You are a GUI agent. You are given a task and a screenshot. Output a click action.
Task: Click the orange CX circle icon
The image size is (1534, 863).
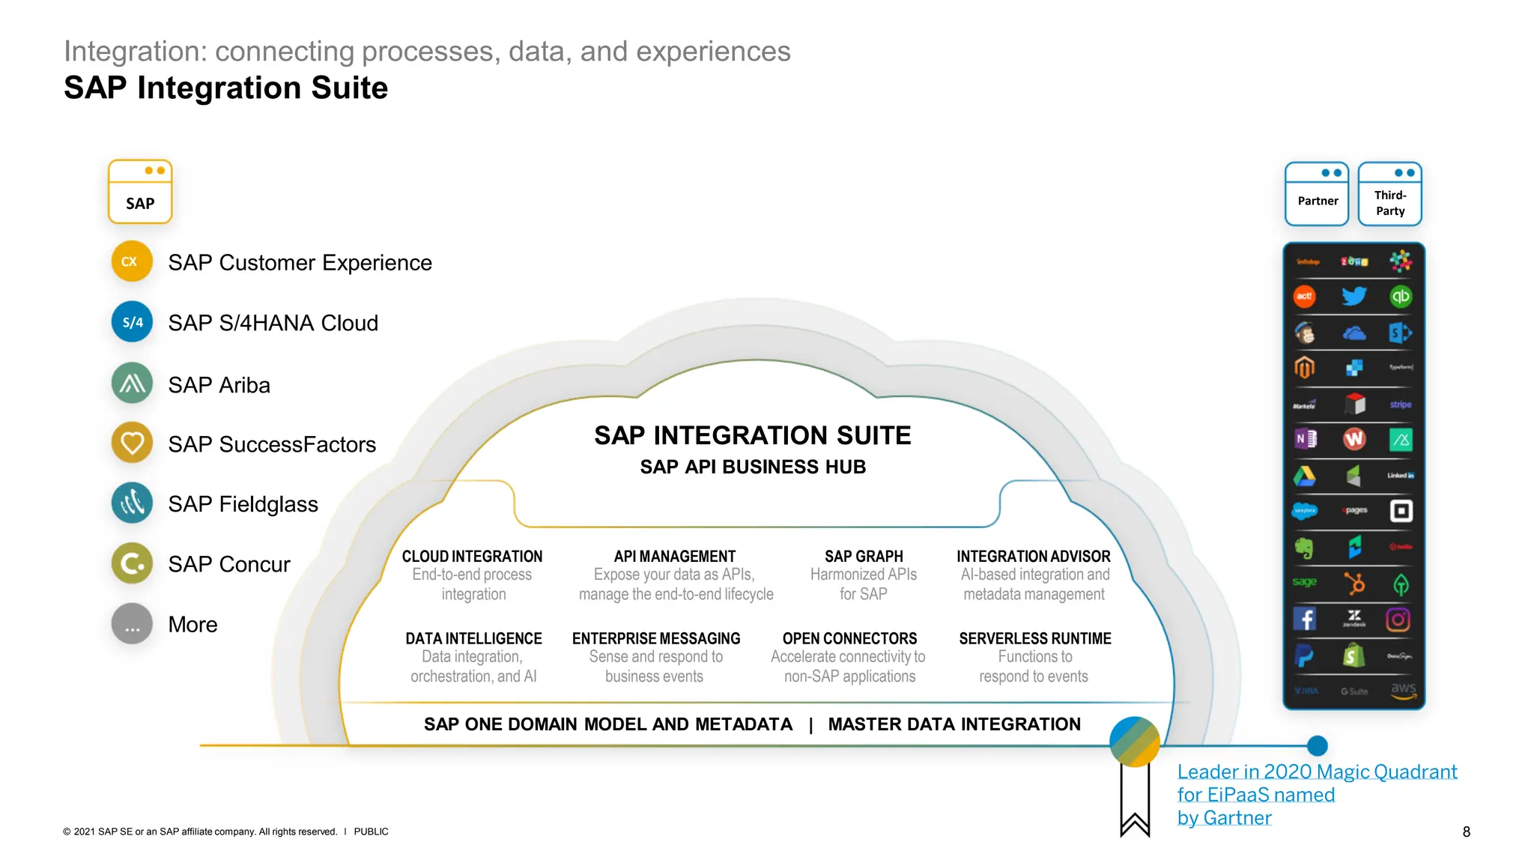click(x=131, y=261)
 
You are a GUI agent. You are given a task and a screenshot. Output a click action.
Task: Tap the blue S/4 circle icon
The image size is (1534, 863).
click(x=132, y=322)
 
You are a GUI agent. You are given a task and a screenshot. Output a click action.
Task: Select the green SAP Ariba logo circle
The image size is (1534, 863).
click(x=132, y=384)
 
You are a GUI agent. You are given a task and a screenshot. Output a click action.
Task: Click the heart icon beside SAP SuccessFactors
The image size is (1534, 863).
click(x=132, y=443)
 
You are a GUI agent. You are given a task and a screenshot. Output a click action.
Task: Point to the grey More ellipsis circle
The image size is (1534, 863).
click(x=132, y=624)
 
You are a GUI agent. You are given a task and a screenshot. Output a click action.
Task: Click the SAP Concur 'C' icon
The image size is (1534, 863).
click(x=132, y=563)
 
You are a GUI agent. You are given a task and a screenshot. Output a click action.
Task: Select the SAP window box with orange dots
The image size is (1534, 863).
click(x=140, y=192)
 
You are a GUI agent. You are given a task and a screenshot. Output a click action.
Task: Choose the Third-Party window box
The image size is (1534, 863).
click(x=1390, y=195)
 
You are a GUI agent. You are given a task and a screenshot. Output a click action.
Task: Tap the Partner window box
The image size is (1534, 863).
click(x=1317, y=195)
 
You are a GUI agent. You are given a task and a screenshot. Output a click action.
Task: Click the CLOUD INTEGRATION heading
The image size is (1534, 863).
click(x=472, y=557)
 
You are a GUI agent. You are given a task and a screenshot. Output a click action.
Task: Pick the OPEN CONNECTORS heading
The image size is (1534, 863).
click(x=849, y=638)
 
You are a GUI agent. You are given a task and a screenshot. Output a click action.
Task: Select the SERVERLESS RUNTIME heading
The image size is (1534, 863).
click(x=1034, y=638)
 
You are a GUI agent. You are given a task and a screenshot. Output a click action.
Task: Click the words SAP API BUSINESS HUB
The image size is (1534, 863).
click(x=753, y=467)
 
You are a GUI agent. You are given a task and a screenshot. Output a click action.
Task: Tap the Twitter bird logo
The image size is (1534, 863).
click(x=1353, y=296)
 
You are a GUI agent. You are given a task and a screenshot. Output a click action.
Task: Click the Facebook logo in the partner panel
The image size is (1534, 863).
click(x=1305, y=619)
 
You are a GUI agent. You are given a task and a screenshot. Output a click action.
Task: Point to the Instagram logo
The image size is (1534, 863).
click(x=1398, y=620)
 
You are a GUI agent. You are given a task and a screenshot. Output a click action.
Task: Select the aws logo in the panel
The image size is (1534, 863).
click(x=1403, y=690)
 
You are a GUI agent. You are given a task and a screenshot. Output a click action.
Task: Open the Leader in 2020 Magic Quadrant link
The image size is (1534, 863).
click(x=1316, y=772)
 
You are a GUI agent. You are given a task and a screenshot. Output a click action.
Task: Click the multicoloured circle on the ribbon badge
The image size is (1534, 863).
click(x=1135, y=742)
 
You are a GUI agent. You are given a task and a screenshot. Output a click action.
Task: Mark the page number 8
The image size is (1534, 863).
click(x=1466, y=832)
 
